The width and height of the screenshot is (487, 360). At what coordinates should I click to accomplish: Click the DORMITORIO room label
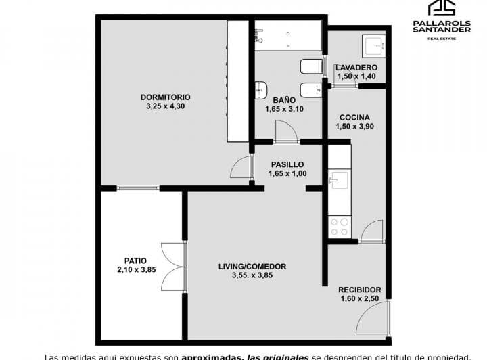click(166, 97)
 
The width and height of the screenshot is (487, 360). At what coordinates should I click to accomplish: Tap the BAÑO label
click(279, 100)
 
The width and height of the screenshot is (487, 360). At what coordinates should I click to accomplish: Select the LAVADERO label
click(356, 68)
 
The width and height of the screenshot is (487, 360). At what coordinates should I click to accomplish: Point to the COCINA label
click(354, 117)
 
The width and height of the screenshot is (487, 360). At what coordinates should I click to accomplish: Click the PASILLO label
click(287, 164)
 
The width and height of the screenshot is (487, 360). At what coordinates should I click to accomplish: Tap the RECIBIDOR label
click(360, 290)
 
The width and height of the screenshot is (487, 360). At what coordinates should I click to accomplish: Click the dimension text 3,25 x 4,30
click(165, 106)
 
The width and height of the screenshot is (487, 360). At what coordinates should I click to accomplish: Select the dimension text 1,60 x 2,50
click(360, 300)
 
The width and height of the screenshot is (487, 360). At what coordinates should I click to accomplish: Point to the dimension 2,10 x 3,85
click(136, 270)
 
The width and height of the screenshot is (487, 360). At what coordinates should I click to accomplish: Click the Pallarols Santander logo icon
click(443, 8)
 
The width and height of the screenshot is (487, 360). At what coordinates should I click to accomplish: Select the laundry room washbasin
click(373, 45)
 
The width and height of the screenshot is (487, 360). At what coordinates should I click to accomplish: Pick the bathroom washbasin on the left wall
click(261, 91)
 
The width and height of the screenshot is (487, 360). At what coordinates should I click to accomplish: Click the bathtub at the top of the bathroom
click(287, 35)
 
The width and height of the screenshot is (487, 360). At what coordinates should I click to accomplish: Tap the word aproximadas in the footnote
click(212, 356)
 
